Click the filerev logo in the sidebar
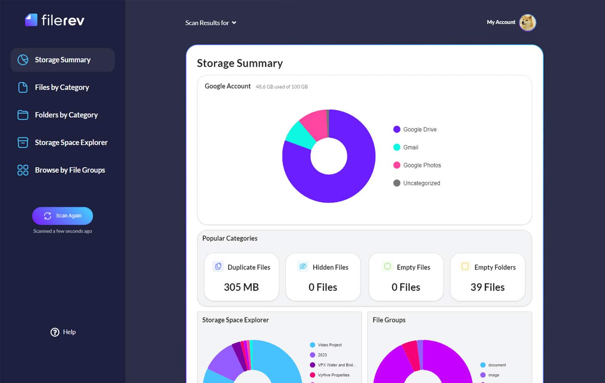pyautogui.click(x=55, y=20)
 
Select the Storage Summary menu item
pyautogui.click(x=63, y=60)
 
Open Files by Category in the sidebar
pyautogui.click(x=62, y=88)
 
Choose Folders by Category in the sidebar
pyautogui.click(x=66, y=115)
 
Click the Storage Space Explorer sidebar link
pyautogui.click(x=71, y=142)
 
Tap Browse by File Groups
pyautogui.click(x=70, y=170)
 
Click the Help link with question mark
pyautogui.click(x=63, y=332)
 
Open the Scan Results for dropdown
pyautogui.click(x=211, y=23)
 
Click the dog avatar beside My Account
pyautogui.click(x=527, y=23)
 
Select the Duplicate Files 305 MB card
pyautogui.click(x=241, y=277)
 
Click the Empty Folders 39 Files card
pyautogui.click(x=487, y=277)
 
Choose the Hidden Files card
pyautogui.click(x=323, y=277)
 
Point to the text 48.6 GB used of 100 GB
pyautogui.click(x=282, y=87)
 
